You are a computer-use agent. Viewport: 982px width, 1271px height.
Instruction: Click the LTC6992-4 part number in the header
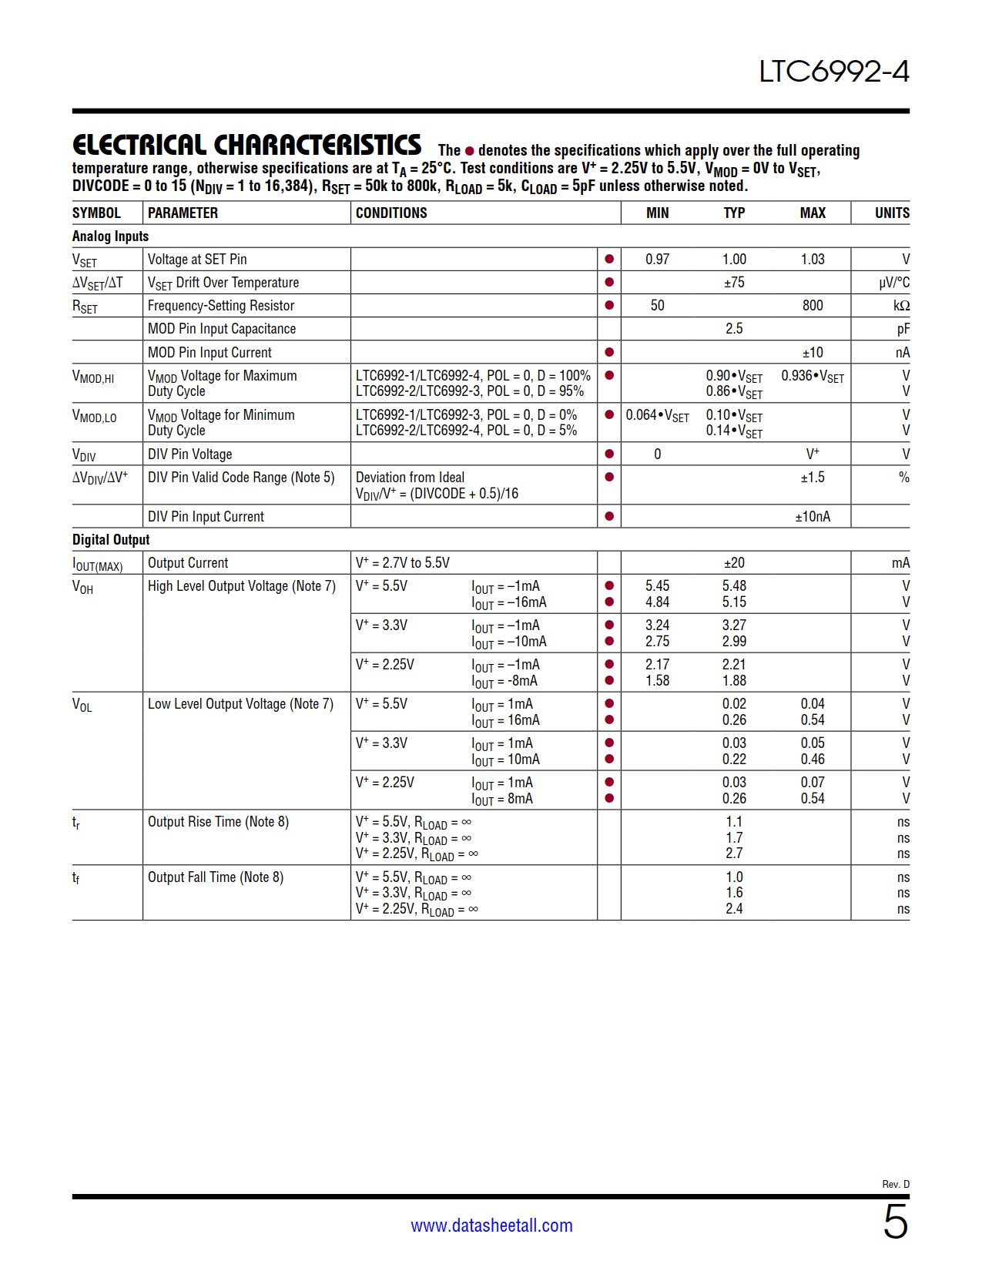pos(833,72)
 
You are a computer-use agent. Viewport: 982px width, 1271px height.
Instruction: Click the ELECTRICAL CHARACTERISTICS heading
pos(246,145)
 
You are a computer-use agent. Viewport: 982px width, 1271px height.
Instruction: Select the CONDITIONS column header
pos(391,213)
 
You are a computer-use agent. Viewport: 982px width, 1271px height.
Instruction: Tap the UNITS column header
pos(892,213)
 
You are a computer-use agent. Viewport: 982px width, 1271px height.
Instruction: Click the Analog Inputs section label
pos(110,236)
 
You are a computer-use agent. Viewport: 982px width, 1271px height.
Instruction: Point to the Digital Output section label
pos(111,539)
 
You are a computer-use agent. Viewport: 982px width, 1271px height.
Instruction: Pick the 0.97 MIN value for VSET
pos(657,260)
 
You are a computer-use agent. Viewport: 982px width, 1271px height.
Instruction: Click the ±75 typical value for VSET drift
pos(734,283)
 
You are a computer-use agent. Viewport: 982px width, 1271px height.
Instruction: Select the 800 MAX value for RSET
pos(813,306)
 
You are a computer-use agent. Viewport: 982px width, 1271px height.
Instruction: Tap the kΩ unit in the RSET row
pos(901,306)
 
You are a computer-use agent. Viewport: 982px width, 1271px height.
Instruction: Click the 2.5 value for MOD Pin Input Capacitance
pos(734,329)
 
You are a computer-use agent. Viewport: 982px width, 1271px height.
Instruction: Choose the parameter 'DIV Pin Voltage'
pos(189,454)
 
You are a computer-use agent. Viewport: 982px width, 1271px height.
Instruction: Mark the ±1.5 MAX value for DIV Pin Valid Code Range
pos(813,478)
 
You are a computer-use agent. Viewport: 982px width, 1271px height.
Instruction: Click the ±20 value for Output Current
pos(734,563)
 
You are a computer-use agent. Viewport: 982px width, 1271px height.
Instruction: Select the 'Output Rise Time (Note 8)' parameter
pos(218,822)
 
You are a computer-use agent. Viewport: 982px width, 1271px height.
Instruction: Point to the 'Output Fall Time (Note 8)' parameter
pos(216,877)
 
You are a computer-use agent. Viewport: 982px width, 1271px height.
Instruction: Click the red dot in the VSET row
pos(609,260)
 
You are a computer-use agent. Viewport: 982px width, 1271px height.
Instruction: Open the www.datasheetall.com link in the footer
pos(491,1226)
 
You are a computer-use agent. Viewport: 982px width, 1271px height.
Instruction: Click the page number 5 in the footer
pos(895,1222)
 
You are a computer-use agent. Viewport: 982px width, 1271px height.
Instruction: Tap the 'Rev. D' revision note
pos(896,1184)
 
